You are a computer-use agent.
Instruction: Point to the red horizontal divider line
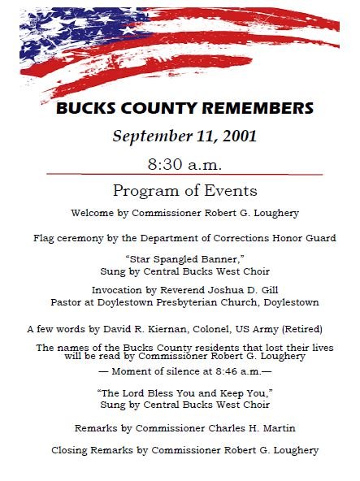point(184,174)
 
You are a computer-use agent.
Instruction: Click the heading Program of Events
point(184,191)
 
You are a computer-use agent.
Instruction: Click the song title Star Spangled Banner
point(185,259)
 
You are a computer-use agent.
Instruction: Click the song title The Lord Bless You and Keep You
point(184,392)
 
